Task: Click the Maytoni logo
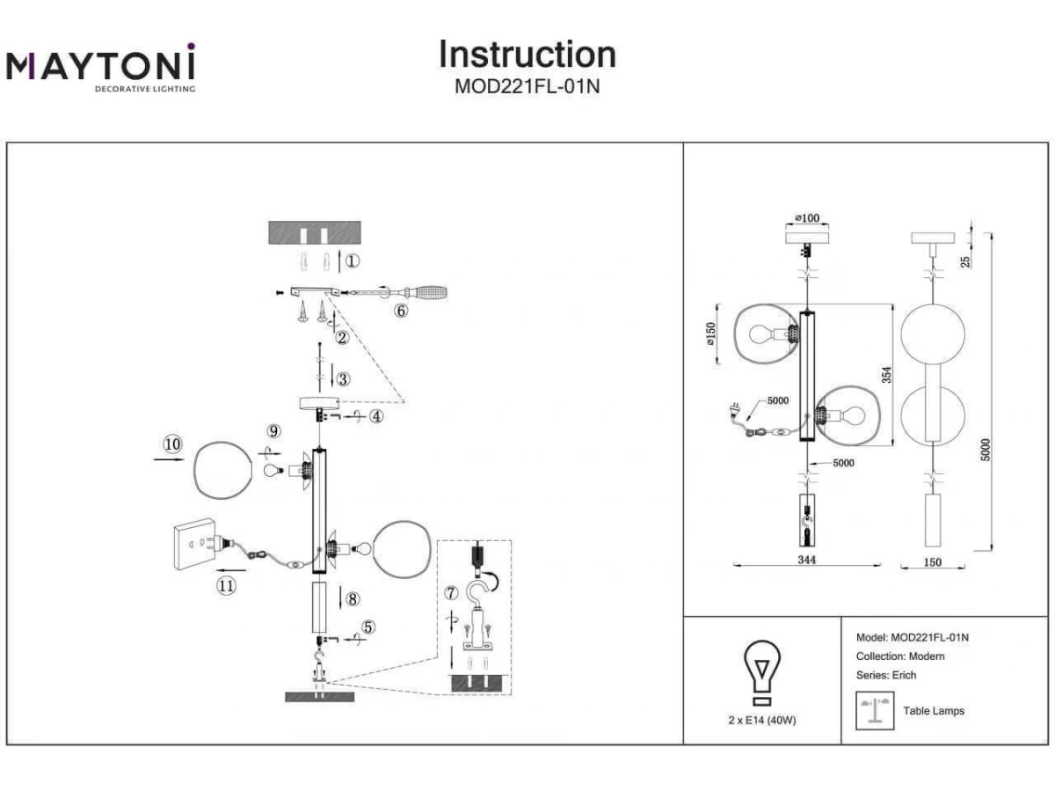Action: coord(100,67)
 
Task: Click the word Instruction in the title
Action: coord(527,55)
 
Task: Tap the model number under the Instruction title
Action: coord(527,86)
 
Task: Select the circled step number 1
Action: coord(353,261)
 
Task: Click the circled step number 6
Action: coord(401,311)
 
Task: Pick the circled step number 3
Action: coord(343,379)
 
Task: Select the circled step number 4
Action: coord(376,417)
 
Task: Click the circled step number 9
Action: coord(274,431)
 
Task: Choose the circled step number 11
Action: coord(227,586)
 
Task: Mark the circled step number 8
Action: coord(353,599)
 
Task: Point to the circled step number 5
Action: coord(368,627)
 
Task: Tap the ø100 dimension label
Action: coord(806,217)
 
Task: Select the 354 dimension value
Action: coord(887,375)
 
